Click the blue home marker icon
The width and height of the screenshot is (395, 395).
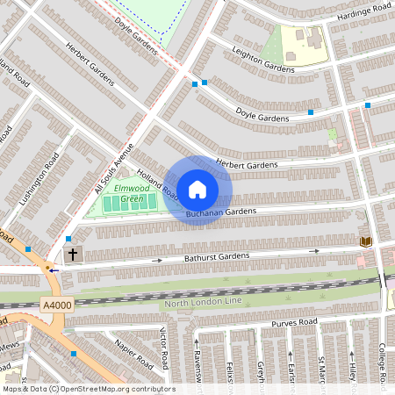pyautogui.click(x=197, y=189)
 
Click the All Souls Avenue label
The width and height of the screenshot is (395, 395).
pyautogui.click(x=113, y=168)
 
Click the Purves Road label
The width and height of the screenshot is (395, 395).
pyautogui.click(x=294, y=323)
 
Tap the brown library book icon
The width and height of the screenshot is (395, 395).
pyautogui.click(x=365, y=241)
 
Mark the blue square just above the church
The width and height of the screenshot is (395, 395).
pyautogui.click(x=68, y=239)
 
